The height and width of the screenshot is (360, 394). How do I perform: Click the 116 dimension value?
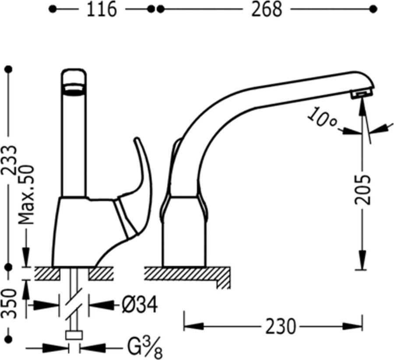coord(102,10)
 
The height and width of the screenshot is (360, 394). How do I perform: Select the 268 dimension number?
coord(267,10)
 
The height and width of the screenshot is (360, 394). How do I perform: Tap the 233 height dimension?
coord(9,160)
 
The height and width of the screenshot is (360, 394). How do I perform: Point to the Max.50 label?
coord(26,194)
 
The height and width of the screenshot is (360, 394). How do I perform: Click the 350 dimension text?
coord(9,304)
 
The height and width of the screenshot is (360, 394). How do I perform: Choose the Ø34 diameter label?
coord(140,305)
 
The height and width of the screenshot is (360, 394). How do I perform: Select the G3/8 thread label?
coord(145,349)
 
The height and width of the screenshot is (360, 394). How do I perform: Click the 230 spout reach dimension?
coord(281,327)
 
